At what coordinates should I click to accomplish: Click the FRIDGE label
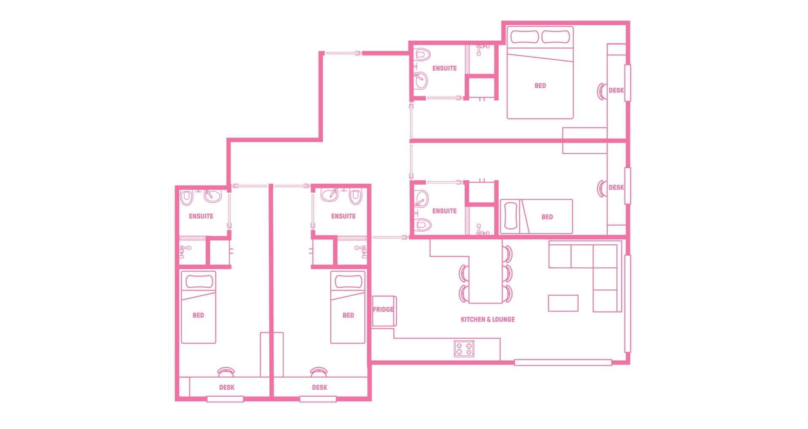[x=383, y=310]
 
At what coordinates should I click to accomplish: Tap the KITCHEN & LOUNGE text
[x=488, y=320]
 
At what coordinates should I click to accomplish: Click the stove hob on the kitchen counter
[x=464, y=348]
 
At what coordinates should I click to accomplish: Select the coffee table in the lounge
[x=563, y=303]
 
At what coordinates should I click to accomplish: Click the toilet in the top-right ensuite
[x=421, y=55]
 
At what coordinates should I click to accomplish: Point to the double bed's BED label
[x=540, y=86]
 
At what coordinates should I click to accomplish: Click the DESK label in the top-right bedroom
[x=616, y=90]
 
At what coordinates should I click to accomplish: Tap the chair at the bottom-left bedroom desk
[x=226, y=372]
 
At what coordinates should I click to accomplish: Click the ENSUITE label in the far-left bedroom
[x=201, y=216]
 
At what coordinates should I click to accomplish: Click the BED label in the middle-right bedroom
[x=547, y=217]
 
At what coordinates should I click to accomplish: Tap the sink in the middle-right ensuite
[x=421, y=198]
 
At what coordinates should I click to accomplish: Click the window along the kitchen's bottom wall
[x=563, y=362]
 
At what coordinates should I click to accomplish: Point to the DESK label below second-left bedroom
[x=319, y=387]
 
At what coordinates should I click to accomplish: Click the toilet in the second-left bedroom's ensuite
[x=356, y=196]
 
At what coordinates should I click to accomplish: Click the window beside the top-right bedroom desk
[x=627, y=83]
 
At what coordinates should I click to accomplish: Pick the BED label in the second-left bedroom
[x=348, y=315]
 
